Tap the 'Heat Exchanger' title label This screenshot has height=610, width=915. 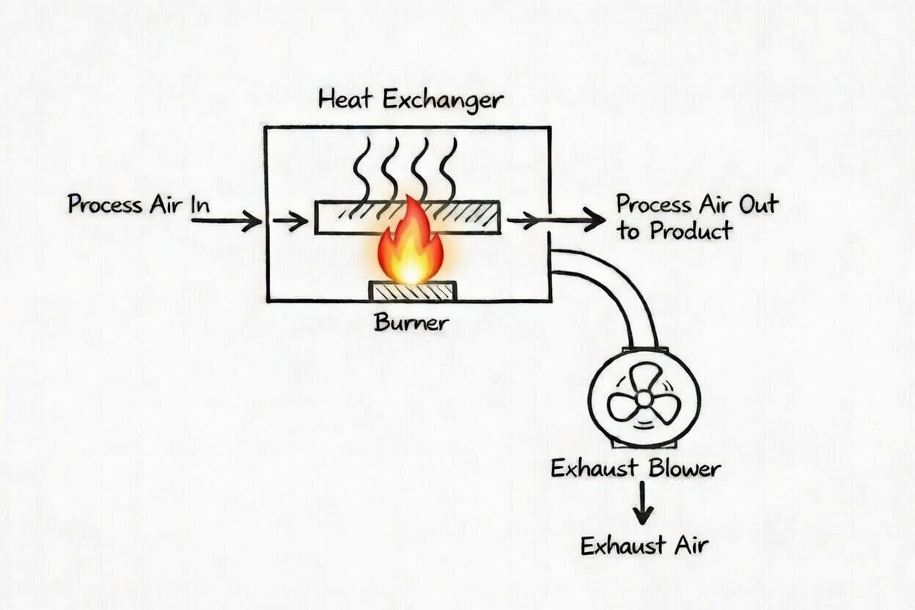(x=411, y=100)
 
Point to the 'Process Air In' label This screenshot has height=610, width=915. (x=139, y=205)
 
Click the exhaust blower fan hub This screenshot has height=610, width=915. (x=644, y=398)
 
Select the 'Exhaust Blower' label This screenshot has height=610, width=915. (x=636, y=468)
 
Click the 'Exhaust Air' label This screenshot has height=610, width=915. (x=644, y=545)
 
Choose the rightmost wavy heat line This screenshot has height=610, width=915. (x=448, y=169)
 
